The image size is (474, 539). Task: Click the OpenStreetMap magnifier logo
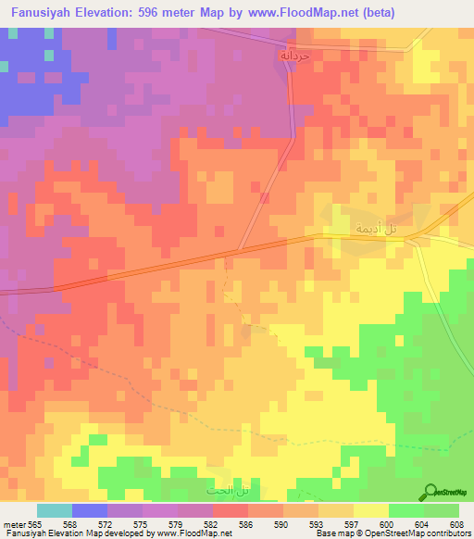(430, 491)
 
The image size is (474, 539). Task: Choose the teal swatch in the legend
(54, 510)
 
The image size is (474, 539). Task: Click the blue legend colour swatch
(90, 510)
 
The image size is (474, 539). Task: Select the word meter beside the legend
(15, 523)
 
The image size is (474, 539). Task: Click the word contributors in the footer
(443, 533)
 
